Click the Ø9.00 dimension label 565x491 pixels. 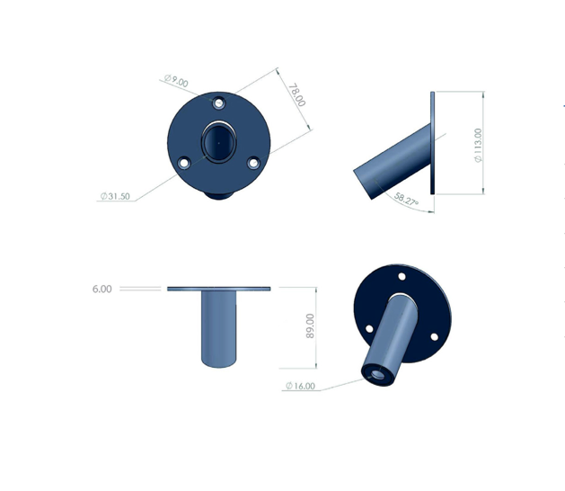[176, 83]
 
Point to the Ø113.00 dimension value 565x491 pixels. [478, 145]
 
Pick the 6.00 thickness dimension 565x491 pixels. [102, 289]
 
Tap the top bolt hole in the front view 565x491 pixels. [220, 102]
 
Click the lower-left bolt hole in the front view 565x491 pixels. [184, 164]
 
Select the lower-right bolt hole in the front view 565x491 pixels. [253, 163]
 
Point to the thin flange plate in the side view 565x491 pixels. [433, 143]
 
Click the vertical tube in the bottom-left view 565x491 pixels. [218, 328]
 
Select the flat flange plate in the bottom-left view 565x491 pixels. [218, 289]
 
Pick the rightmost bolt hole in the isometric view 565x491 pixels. [434, 336]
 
